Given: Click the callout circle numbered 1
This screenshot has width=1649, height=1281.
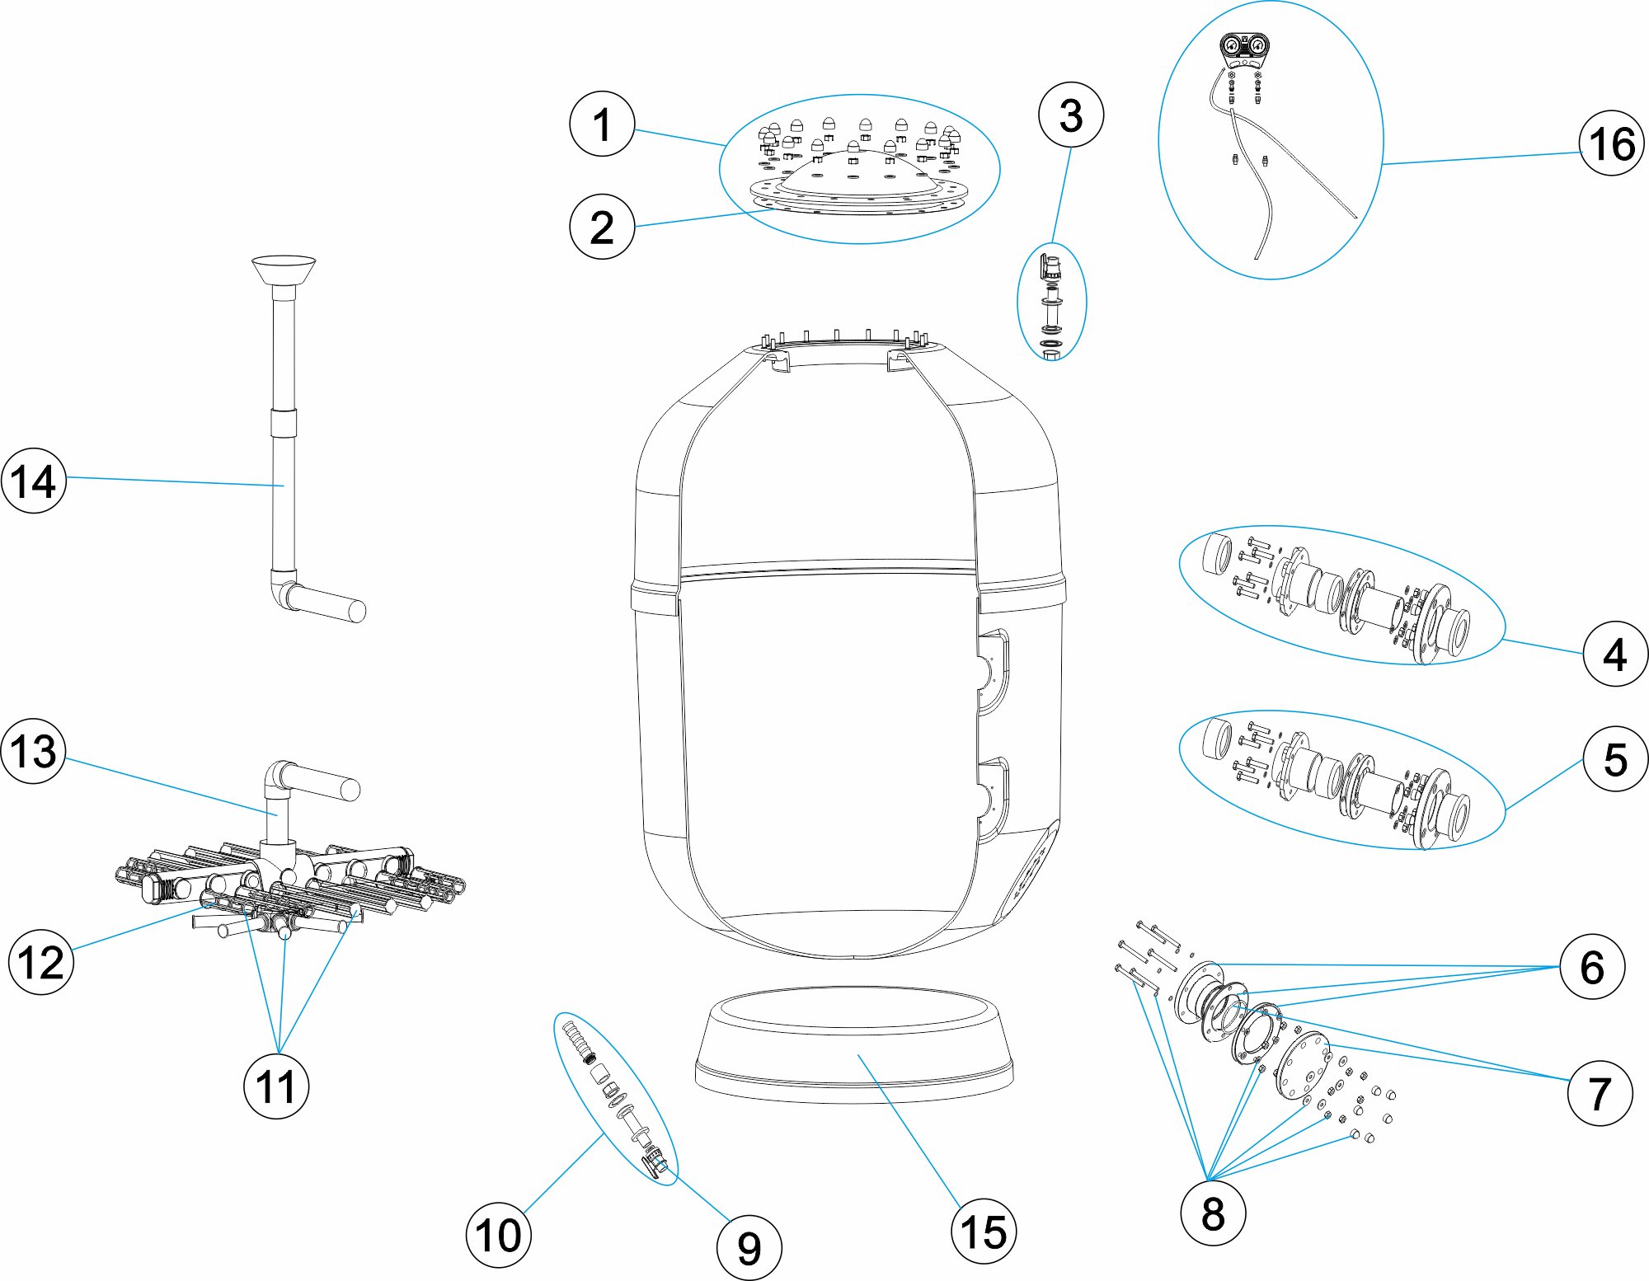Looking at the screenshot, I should coord(602,124).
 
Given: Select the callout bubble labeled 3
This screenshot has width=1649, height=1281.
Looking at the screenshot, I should coord(1070,115).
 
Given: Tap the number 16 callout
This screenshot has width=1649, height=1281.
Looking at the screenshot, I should coord(1611,143).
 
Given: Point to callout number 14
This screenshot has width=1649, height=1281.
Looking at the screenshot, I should coord(33,481).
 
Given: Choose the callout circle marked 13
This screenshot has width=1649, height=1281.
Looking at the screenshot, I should coord(33,750).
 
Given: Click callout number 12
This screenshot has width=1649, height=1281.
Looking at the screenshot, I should coord(41,961).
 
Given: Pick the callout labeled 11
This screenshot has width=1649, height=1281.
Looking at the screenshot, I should coord(276,1086).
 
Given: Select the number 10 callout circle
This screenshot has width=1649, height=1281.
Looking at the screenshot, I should coord(499,1234).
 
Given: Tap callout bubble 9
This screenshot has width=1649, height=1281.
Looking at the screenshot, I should coord(749,1247).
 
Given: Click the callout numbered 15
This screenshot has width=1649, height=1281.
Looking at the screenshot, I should coord(983,1232).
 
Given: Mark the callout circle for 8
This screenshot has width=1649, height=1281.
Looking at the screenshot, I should coord(1212,1213).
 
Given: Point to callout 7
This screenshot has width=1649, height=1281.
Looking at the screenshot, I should coord(1599,1093).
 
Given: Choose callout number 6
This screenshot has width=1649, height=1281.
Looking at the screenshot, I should coord(1591,966).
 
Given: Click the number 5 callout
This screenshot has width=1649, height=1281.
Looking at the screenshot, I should coord(1614,758).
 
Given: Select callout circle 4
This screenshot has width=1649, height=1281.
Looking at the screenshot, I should coord(1614,654).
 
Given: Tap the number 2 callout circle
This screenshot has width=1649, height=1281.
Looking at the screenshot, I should coord(602,227).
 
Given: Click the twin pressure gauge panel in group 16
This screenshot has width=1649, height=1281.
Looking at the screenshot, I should coord(1244,48).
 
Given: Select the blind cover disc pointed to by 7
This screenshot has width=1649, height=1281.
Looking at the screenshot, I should coord(1302,1064).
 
